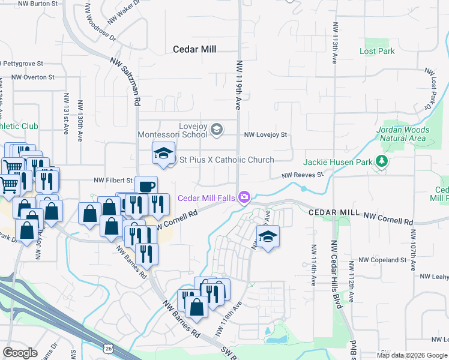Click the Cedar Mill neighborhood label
click(194, 49)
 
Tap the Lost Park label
click(377, 51)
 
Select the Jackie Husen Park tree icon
click(381, 161)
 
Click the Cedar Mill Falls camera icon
click(244, 197)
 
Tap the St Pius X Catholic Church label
click(227, 160)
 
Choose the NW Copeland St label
click(382, 260)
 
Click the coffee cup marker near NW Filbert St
click(146, 185)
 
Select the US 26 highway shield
click(108, 348)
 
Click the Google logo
click(20, 352)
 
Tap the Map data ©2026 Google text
click(411, 355)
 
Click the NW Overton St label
click(33, 77)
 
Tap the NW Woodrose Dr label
click(100, 27)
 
